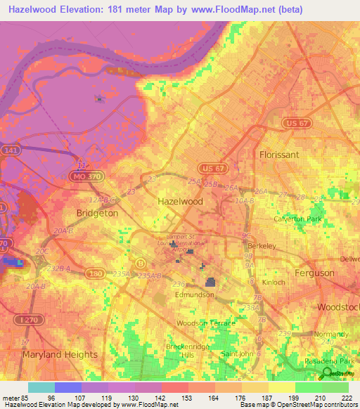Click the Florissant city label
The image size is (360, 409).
tap(278, 154)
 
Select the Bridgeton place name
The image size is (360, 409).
tap(96, 212)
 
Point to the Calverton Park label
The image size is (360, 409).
tap(297, 219)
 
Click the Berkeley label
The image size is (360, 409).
tap(262, 246)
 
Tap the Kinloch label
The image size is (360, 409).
tap(271, 283)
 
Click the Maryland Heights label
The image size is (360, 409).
tap(53, 355)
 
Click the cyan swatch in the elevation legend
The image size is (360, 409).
tap(41, 387)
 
